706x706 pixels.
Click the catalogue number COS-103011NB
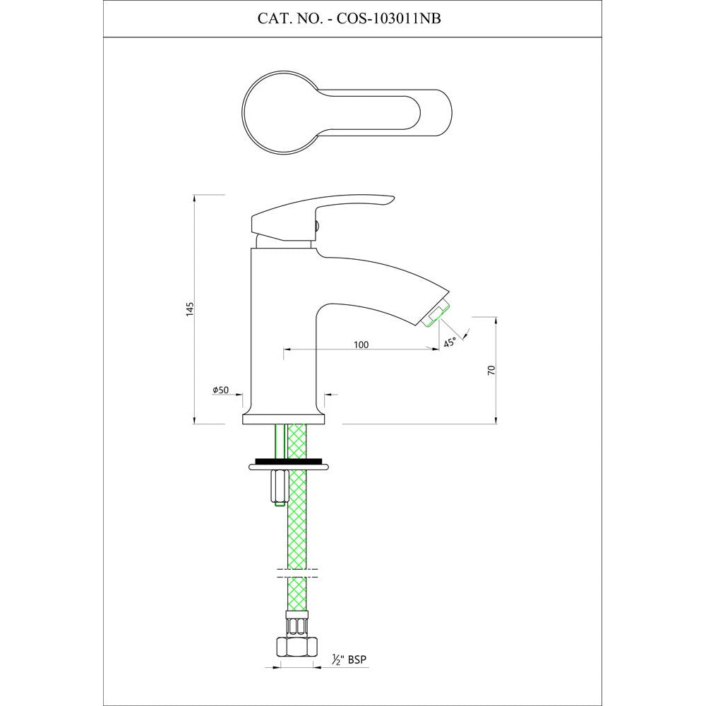tap(386, 18)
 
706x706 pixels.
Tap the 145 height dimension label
tap(189, 309)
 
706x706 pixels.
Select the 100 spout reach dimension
tap(361, 345)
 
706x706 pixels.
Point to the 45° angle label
tap(450, 342)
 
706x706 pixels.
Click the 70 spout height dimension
tap(491, 370)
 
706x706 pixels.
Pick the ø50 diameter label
tap(220, 390)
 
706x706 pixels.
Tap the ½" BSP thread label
tap(349, 659)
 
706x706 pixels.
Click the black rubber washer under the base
tap(288, 461)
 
